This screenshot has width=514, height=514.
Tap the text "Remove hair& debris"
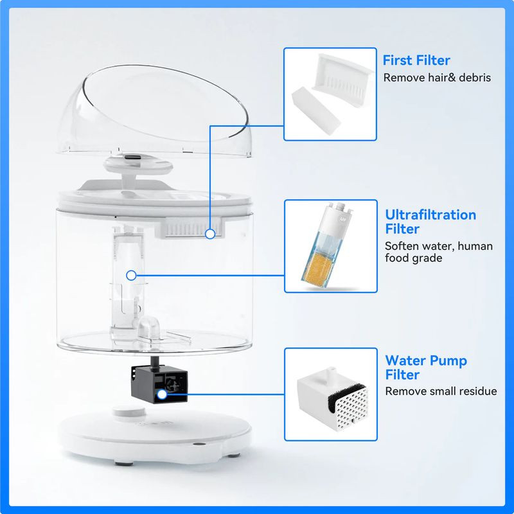pyautogui.click(x=437, y=78)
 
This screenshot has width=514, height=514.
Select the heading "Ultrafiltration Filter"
pyautogui.click(x=430, y=222)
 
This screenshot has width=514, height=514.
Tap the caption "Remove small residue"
pyautogui.click(x=440, y=391)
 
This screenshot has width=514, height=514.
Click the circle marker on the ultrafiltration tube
pyautogui.click(x=131, y=276)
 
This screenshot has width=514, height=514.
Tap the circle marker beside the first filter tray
pyautogui.click(x=209, y=234)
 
